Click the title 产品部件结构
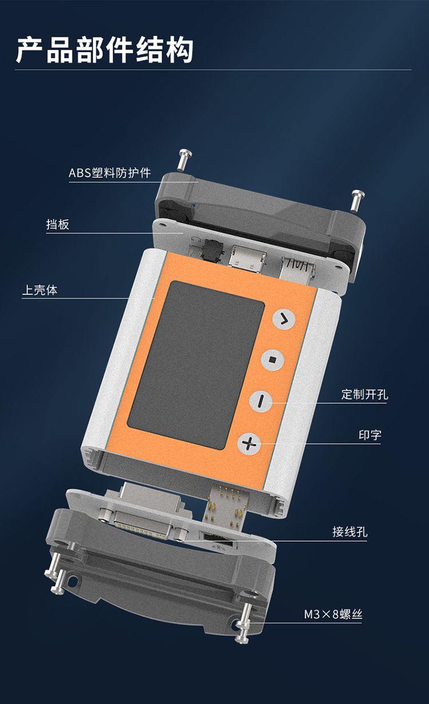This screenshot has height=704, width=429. [x=104, y=50]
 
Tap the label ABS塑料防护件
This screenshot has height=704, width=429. [x=110, y=173]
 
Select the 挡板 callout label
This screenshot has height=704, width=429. [x=58, y=224]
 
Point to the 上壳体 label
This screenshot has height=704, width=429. [x=39, y=290]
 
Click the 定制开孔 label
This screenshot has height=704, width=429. [x=364, y=394]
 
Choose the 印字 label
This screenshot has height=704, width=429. [x=370, y=435]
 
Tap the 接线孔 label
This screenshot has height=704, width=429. [x=350, y=532]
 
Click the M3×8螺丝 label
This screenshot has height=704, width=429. [x=333, y=614]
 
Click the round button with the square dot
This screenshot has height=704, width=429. [x=272, y=360]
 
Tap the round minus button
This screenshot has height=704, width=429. [x=261, y=401]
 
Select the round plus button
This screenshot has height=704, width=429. [x=249, y=443]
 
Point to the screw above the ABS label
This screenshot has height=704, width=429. [x=185, y=160]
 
